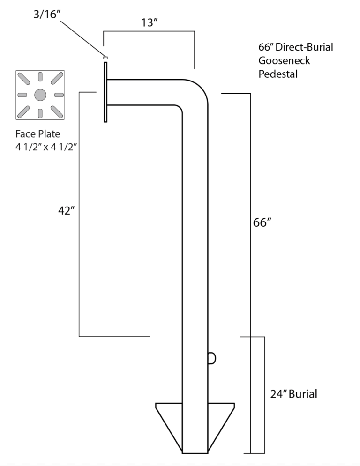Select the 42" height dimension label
coord(67,211)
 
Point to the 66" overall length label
coord(262,222)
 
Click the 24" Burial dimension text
coord(293,394)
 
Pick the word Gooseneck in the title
coord(284,60)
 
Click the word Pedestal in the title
coord(278,74)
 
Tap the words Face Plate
coord(37,134)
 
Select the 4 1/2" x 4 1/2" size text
coord(46,147)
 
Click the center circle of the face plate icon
coord(40,95)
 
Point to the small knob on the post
coord(211,358)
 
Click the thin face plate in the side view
coord(105,92)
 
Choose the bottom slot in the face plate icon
coord(40,112)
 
